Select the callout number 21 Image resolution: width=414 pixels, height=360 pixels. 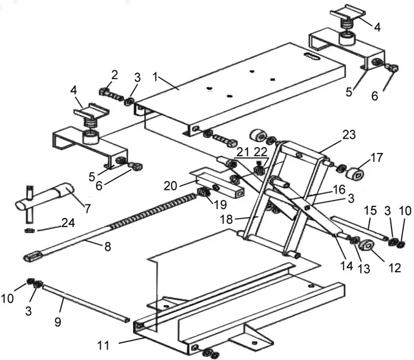point(243,151)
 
